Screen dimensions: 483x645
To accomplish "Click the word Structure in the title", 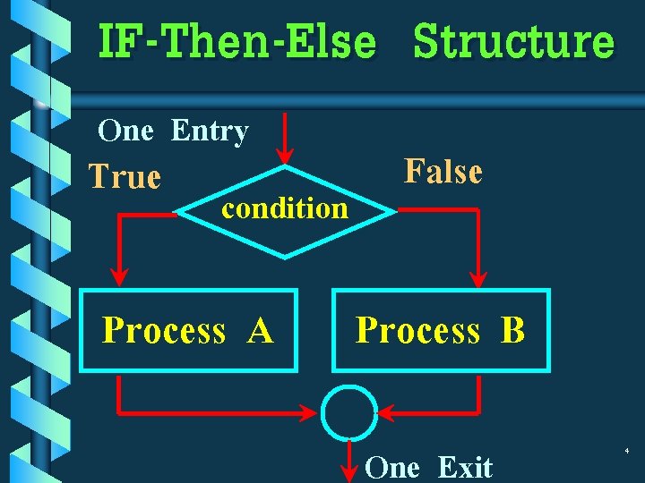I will click(x=514, y=43).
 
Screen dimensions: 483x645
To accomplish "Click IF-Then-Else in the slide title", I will click(x=236, y=43).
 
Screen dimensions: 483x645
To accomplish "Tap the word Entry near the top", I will click(x=210, y=131).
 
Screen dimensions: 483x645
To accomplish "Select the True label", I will click(x=125, y=177).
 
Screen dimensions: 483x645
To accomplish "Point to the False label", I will click(x=443, y=171).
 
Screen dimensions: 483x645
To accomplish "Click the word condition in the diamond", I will click(x=285, y=208).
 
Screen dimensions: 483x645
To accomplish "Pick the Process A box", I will click(x=188, y=330).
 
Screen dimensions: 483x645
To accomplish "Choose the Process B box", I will click(x=441, y=330).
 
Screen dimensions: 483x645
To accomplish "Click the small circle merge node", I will click(x=348, y=413).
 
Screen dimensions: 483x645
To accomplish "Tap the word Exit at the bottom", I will click(x=465, y=467).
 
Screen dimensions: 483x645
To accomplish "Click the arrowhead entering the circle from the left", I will click(x=310, y=413).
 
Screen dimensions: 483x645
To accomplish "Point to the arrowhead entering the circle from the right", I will click(x=387, y=413).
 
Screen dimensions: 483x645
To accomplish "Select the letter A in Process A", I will click(x=261, y=331).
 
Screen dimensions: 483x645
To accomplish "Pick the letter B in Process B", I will click(x=512, y=331).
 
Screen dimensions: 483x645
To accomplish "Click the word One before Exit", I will click(x=393, y=467).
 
